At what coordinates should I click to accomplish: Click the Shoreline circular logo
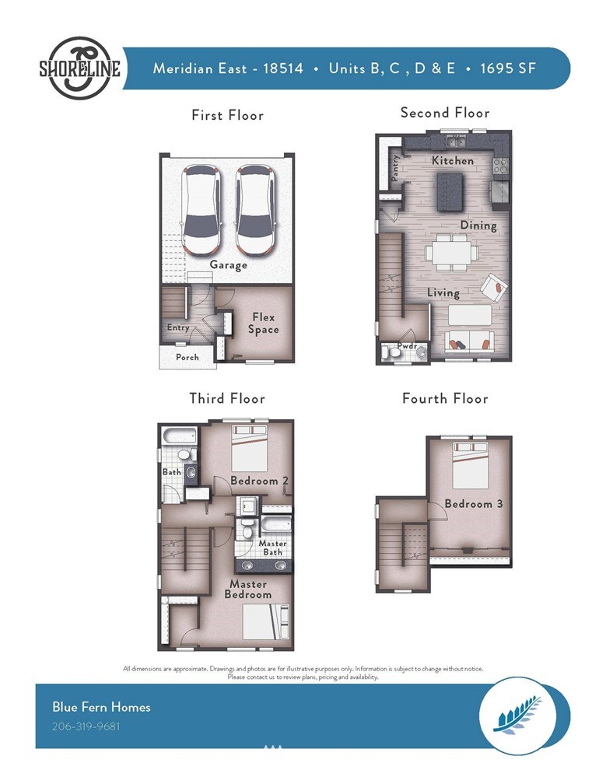pyautogui.click(x=79, y=68)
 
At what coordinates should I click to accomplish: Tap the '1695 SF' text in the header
pyautogui.click(x=508, y=68)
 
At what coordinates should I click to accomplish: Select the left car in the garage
pyautogui.click(x=201, y=209)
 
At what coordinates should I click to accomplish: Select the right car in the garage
pyautogui.click(x=255, y=209)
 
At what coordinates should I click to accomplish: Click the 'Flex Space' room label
pyautogui.click(x=264, y=323)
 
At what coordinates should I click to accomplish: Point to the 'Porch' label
pyautogui.click(x=187, y=357)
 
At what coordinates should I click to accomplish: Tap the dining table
pyautogui.click(x=452, y=253)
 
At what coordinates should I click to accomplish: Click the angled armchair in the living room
pyautogui.click(x=494, y=288)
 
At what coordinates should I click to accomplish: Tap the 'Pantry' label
pyautogui.click(x=394, y=167)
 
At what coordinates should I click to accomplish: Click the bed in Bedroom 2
pyautogui.click(x=250, y=448)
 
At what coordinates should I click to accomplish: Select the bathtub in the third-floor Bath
pyautogui.click(x=179, y=436)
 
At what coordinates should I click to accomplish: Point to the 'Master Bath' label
pyautogui.click(x=272, y=548)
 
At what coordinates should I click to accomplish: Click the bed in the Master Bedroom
pyautogui.click(x=266, y=622)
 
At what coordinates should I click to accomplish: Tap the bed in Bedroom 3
pyautogui.click(x=471, y=465)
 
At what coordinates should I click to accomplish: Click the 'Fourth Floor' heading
pyautogui.click(x=445, y=398)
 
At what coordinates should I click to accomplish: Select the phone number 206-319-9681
pyautogui.click(x=86, y=726)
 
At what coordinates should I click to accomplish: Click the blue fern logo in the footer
pyautogui.click(x=517, y=715)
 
